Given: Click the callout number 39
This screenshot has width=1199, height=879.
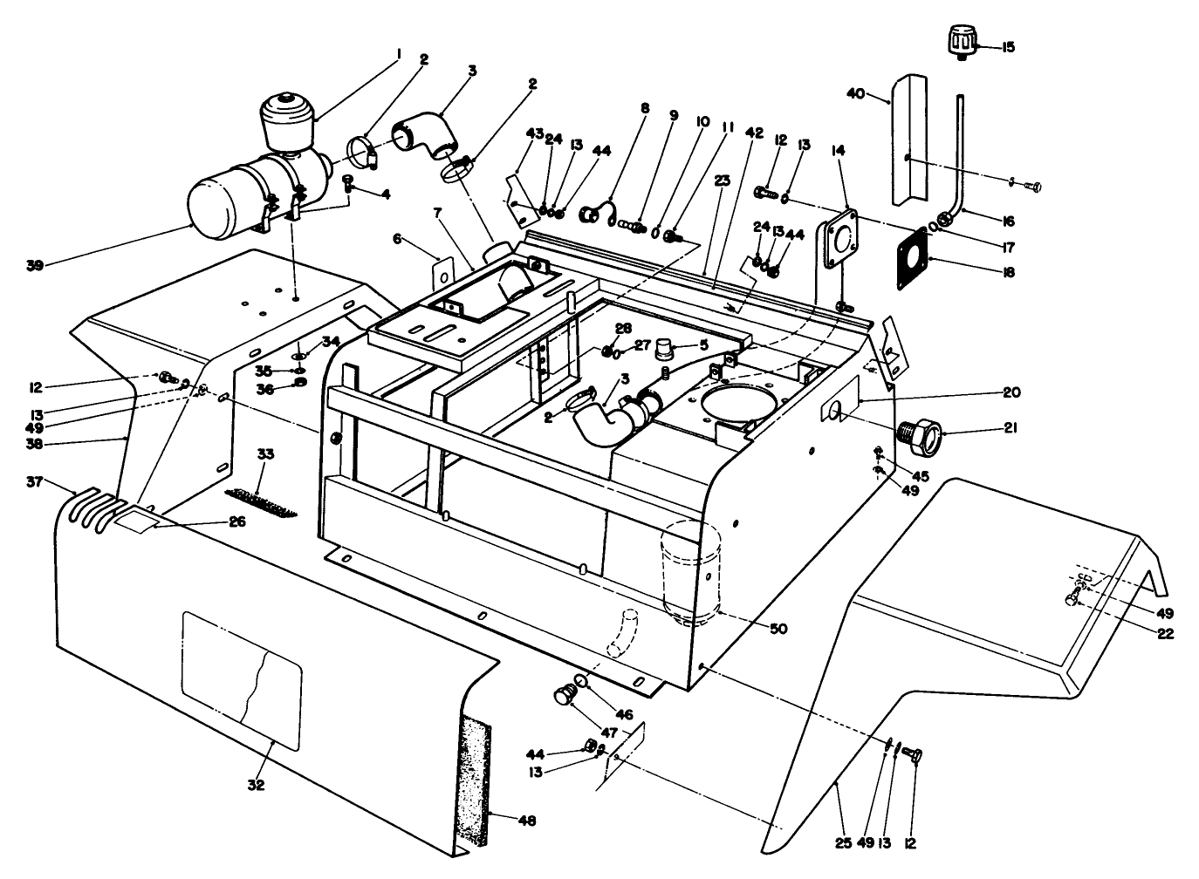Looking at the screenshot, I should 34,265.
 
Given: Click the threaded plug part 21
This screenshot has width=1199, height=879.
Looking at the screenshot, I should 922,433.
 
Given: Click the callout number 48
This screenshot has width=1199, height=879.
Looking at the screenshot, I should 527,821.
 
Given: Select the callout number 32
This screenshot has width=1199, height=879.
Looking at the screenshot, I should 256,784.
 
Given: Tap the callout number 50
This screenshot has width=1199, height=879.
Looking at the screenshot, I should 779,627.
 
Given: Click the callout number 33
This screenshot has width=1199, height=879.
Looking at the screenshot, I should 265,455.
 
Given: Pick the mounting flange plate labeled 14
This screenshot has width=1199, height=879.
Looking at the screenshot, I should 838,241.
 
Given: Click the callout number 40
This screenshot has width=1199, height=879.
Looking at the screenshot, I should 857,92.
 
